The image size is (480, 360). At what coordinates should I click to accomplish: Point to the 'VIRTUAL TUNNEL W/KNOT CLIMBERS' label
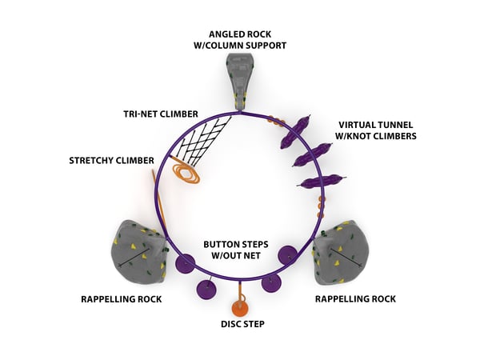click(376, 130)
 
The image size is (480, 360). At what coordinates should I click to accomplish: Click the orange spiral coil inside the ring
click(190, 174)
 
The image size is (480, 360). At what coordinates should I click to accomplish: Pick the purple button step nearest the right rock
click(288, 255)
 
